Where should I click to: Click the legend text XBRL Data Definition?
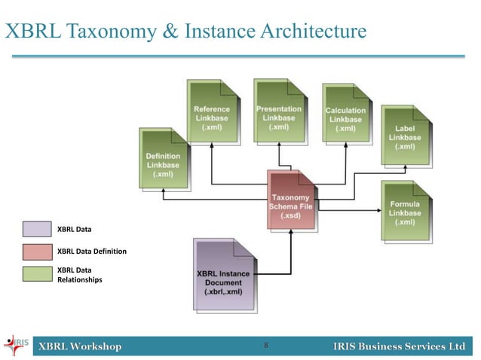(92, 251)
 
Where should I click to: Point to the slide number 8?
(266, 346)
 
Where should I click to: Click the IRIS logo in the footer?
(17, 346)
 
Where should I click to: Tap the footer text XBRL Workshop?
(81, 346)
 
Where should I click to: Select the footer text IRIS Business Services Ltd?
(399, 346)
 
